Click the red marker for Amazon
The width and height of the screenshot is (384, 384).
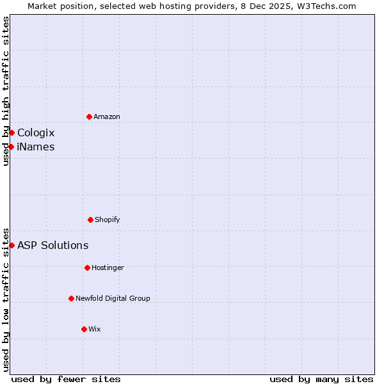click(90, 116)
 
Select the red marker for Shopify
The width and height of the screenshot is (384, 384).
click(90, 220)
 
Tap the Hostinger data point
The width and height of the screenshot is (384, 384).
click(87, 268)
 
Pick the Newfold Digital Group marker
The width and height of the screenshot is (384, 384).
click(71, 298)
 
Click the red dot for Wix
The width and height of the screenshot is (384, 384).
click(84, 329)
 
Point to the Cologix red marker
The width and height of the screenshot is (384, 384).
click(12, 132)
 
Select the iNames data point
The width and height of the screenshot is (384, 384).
click(11, 147)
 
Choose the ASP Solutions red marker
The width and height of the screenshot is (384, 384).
click(12, 245)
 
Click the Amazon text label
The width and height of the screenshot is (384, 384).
click(107, 116)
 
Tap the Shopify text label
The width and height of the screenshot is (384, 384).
click(108, 220)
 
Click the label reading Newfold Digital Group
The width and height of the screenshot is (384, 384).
click(113, 298)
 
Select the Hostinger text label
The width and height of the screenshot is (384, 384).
click(108, 268)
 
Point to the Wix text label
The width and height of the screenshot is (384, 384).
click(95, 329)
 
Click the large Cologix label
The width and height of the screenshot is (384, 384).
click(36, 132)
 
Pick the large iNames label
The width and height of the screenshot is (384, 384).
click(36, 147)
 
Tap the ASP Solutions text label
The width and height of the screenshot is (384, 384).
click(52, 245)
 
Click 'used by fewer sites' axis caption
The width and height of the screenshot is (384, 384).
click(66, 379)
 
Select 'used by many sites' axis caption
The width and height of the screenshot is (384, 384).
click(321, 379)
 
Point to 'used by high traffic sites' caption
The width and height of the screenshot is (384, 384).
click(6, 91)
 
